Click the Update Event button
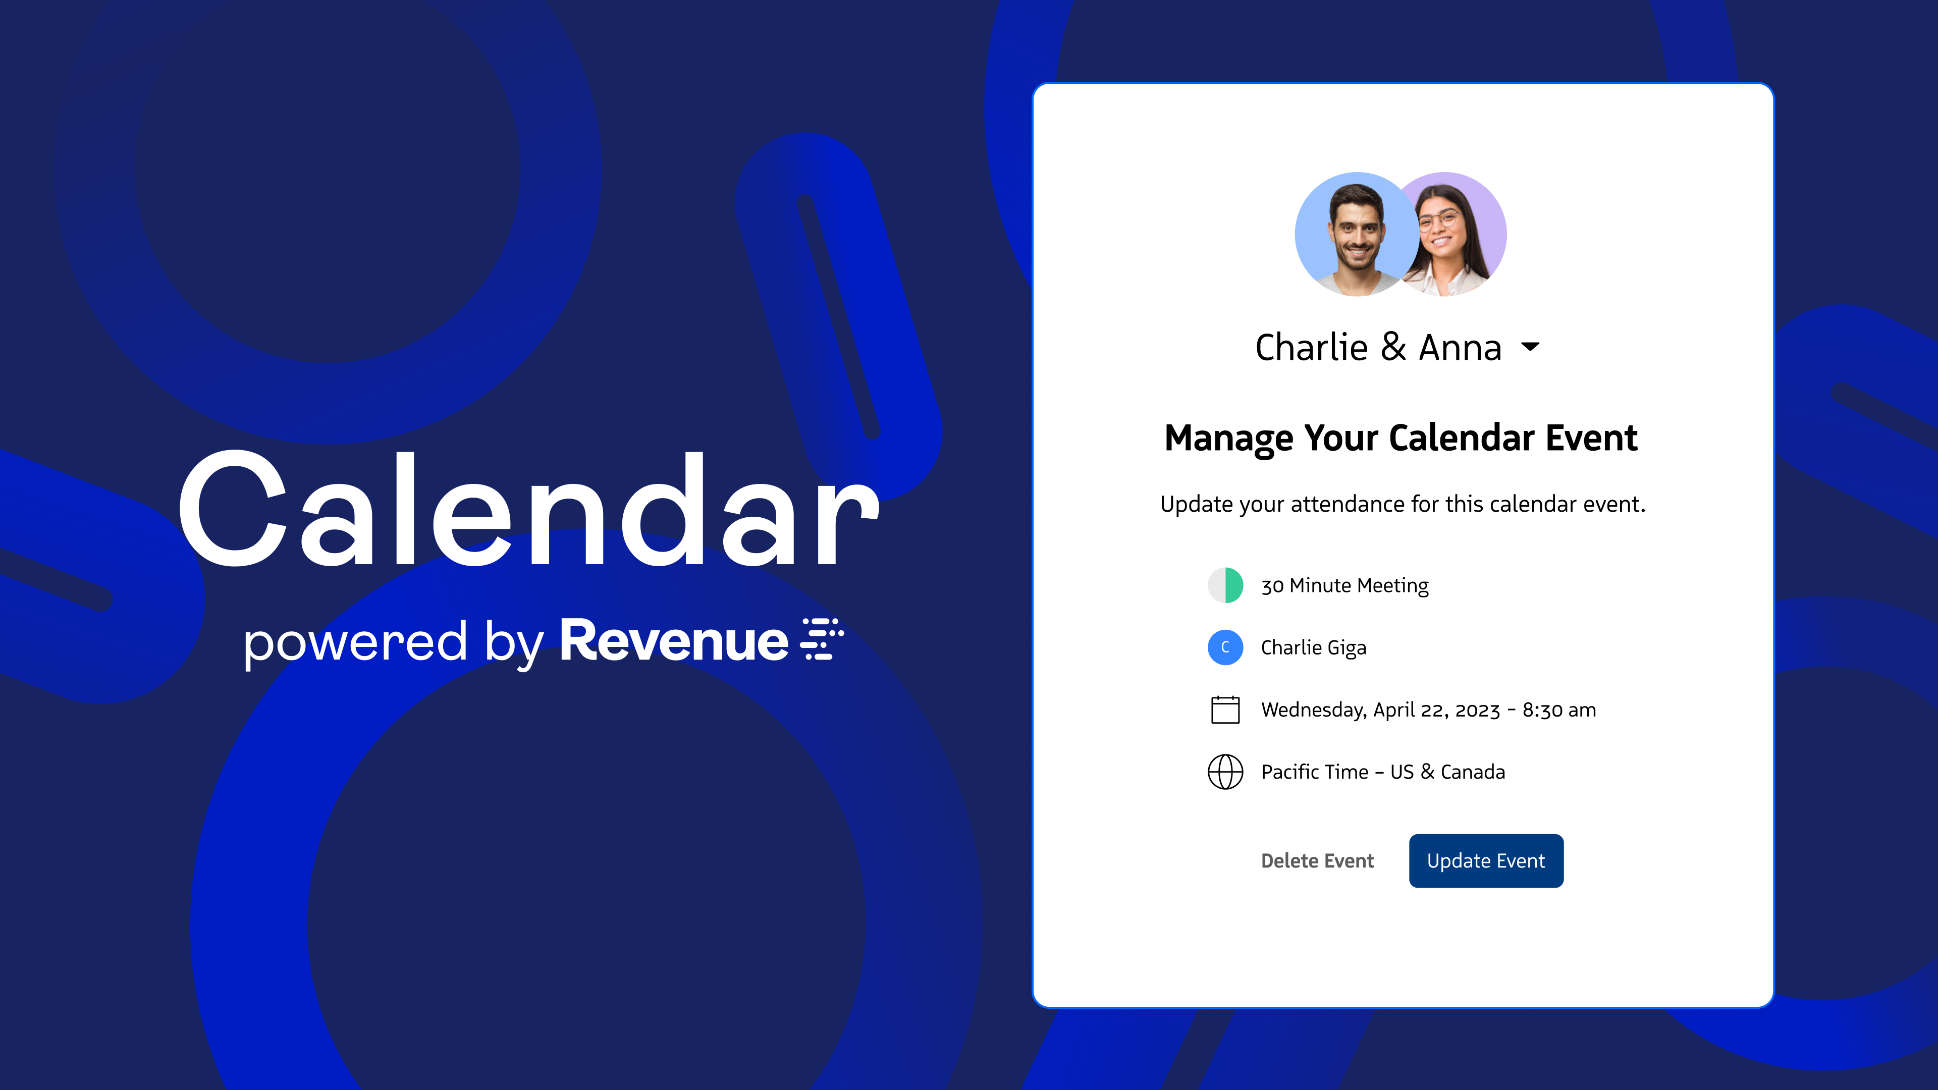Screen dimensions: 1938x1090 1486,860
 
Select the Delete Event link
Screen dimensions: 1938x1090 1317,860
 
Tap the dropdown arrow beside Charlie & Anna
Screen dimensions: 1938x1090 1530,347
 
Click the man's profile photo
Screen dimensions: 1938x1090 1357,235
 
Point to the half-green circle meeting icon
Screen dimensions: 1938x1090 1225,585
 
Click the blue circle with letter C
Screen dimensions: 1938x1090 1225,647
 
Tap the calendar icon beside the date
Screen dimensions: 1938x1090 1225,710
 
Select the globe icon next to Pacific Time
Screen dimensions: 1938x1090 1225,772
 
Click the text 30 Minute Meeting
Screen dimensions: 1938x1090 1344,586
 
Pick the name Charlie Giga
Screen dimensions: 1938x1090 1314,647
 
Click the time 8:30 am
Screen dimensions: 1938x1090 1559,710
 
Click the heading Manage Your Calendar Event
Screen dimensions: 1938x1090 1401,439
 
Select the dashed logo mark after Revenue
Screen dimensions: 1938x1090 822,639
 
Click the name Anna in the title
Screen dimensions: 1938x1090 1460,348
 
